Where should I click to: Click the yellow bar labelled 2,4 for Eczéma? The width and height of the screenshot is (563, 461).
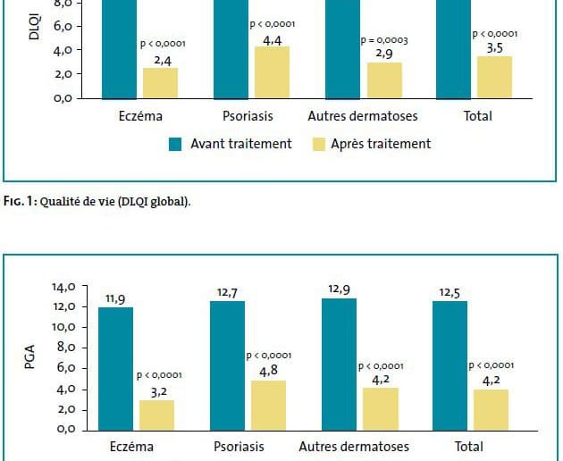click(160, 82)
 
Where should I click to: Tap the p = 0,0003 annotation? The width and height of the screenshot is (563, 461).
click(384, 41)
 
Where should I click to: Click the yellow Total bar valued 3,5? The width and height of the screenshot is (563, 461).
click(495, 77)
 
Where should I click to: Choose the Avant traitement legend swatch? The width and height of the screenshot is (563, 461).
click(175, 144)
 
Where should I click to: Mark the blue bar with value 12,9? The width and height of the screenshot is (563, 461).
click(340, 364)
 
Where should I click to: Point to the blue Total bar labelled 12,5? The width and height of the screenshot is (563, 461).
click(450, 365)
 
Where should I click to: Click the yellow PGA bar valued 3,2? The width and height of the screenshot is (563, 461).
click(155, 415)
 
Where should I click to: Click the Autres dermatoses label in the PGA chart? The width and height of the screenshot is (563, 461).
click(354, 447)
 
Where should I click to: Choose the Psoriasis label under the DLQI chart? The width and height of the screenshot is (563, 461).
click(248, 116)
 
